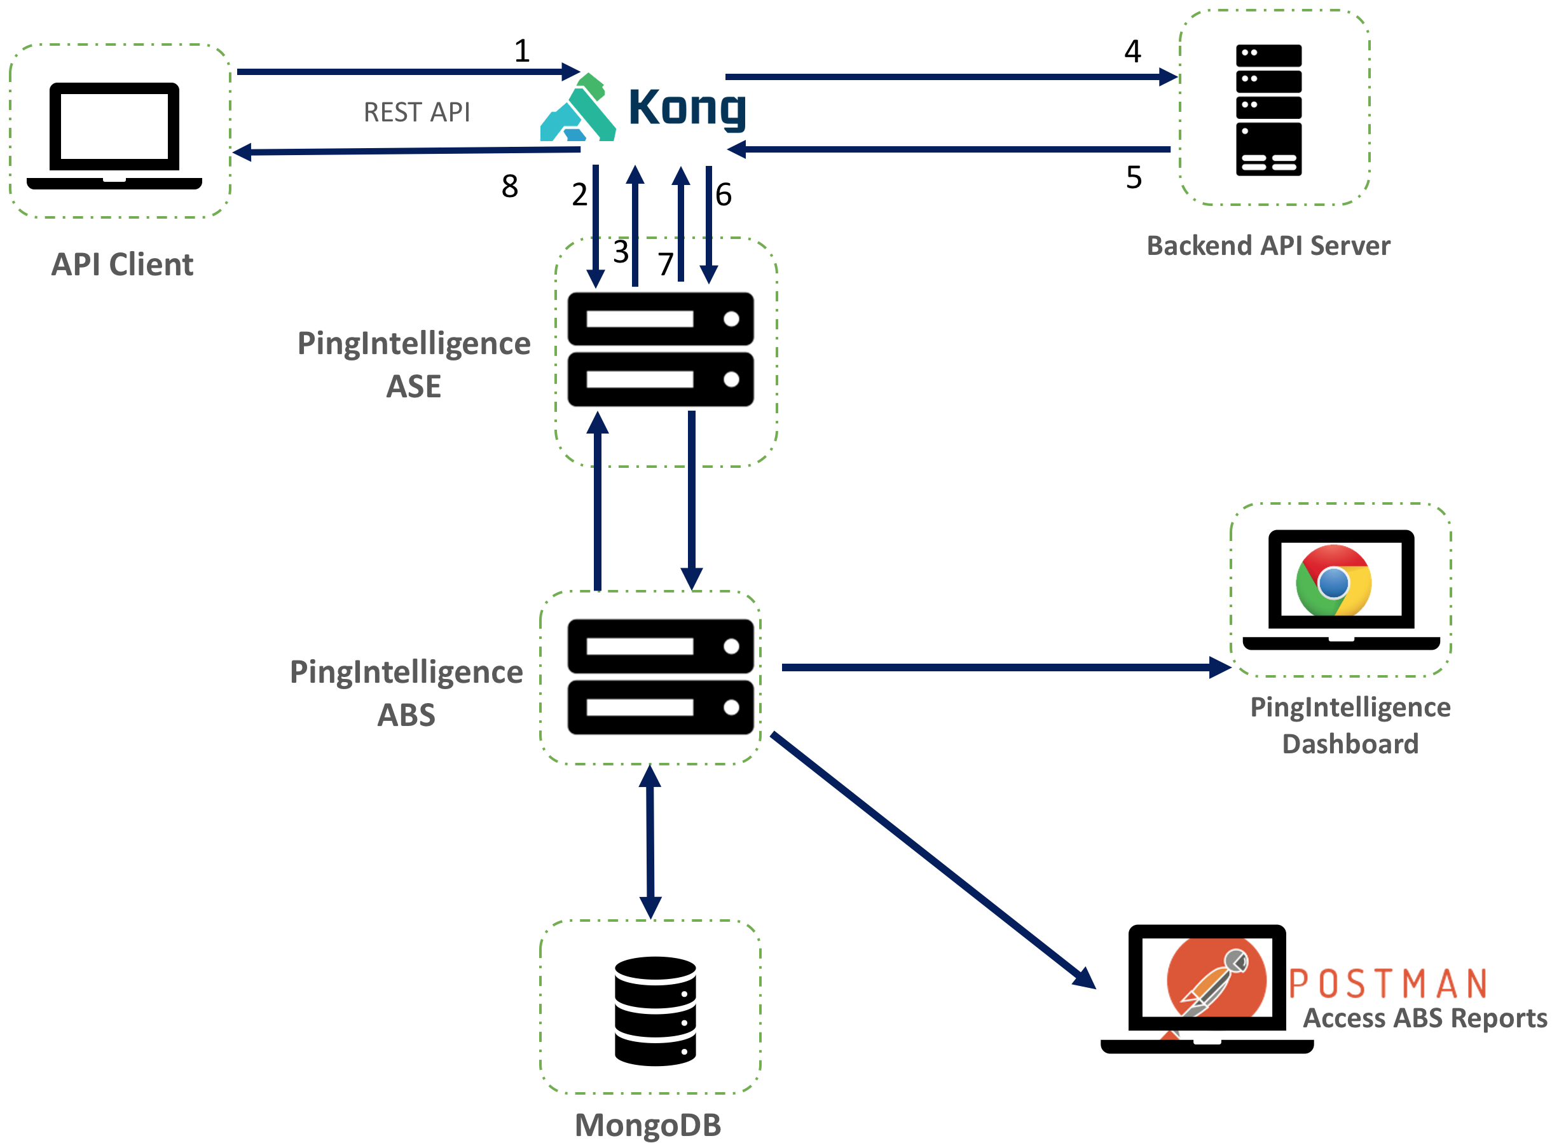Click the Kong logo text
coord(687,107)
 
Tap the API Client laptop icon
coord(114,135)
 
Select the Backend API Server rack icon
coord(1268,110)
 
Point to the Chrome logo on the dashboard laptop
coord(1333,580)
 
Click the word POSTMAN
coord(1387,984)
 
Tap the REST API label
coord(416,112)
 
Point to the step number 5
coord(1134,178)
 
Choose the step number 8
coord(509,186)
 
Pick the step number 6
coord(724,195)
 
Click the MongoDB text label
coord(648,1125)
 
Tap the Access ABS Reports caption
coord(1425,1018)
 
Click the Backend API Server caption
coord(1268,245)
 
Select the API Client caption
coord(123,264)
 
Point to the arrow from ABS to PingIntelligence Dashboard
coord(1003,667)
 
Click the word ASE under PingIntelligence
coord(413,386)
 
